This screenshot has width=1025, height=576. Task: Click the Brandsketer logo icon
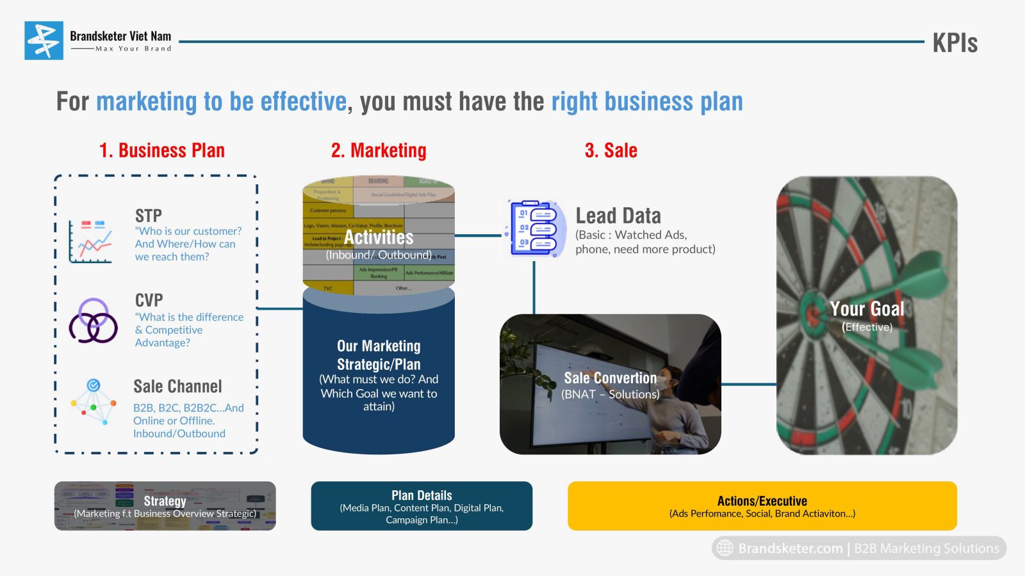pyautogui.click(x=44, y=40)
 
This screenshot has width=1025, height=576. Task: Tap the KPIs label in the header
pyautogui.click(x=955, y=43)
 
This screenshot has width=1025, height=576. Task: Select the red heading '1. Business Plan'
pyautogui.click(x=162, y=150)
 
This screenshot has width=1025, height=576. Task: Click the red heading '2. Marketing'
pyautogui.click(x=379, y=150)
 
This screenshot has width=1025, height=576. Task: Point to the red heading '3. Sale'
pyautogui.click(x=611, y=150)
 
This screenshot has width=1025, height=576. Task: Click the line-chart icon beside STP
pyautogui.click(x=91, y=241)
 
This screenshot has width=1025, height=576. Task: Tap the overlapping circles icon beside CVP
pyautogui.click(x=94, y=321)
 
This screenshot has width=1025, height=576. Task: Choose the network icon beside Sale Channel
pyautogui.click(x=94, y=401)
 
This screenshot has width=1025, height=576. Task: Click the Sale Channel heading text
pyautogui.click(x=177, y=387)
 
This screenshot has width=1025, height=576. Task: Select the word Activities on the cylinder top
pyautogui.click(x=379, y=237)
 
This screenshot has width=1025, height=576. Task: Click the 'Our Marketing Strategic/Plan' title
pyautogui.click(x=379, y=355)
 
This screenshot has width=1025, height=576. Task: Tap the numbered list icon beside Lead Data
pyautogui.click(x=535, y=228)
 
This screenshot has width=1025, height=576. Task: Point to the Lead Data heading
pyautogui.click(x=618, y=216)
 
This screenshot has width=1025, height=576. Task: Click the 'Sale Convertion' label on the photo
pyautogui.click(x=610, y=378)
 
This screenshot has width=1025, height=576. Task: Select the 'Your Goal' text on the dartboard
pyautogui.click(x=867, y=309)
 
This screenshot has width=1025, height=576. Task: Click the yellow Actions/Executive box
pyautogui.click(x=762, y=506)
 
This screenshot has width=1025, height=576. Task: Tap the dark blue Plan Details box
pyautogui.click(x=422, y=506)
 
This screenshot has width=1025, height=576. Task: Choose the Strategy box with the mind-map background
pyautogui.click(x=165, y=506)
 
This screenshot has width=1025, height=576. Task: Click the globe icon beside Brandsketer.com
pyautogui.click(x=725, y=548)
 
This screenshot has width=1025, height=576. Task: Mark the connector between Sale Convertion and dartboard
pyautogui.click(x=749, y=385)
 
